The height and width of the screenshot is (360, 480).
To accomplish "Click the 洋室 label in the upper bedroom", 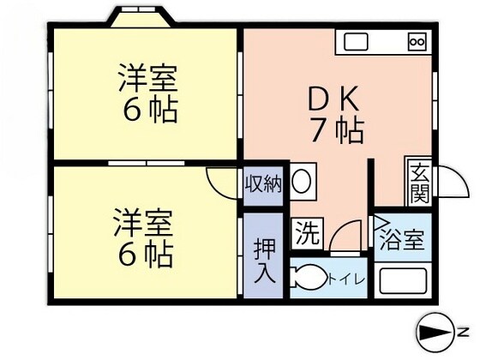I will [x=147, y=77].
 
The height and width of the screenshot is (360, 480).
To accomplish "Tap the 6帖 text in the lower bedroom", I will [x=147, y=254].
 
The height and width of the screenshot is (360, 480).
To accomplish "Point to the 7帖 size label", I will [x=338, y=131].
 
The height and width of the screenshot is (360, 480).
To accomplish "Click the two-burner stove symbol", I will [x=417, y=41].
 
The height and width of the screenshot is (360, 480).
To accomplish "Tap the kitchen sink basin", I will [x=357, y=40].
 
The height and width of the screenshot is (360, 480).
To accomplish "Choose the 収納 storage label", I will [x=262, y=183].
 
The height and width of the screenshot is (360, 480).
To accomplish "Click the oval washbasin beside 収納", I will [x=301, y=181].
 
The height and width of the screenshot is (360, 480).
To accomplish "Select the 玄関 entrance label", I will [x=420, y=183].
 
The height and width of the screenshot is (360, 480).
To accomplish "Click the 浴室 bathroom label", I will [x=401, y=241].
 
